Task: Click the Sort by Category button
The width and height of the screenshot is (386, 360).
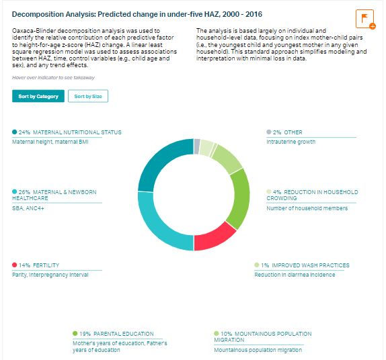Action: [x=38, y=96]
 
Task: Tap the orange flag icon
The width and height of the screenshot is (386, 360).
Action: [x=364, y=19]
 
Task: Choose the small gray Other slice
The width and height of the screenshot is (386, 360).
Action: [x=196, y=146]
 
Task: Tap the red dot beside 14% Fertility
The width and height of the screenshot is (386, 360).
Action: [x=15, y=265]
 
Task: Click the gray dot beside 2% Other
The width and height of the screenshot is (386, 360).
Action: [x=269, y=132]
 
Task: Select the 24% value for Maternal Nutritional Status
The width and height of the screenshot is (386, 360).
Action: [x=24, y=132]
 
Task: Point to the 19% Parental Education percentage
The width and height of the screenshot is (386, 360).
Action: [x=85, y=334]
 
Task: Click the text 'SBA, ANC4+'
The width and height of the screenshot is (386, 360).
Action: [x=28, y=208]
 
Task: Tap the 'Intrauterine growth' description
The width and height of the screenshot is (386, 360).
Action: [x=291, y=142]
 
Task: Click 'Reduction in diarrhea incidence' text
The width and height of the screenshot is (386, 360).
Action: [x=295, y=275]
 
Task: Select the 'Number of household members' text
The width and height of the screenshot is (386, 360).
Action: [x=307, y=208]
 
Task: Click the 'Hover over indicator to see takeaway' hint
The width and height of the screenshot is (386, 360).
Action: [x=53, y=78]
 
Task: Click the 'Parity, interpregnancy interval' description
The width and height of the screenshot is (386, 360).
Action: [x=50, y=275]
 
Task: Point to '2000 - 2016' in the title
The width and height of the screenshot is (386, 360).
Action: [x=242, y=14]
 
